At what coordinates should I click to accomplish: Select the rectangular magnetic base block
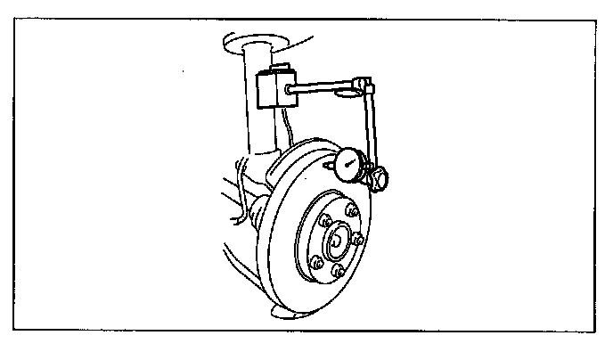point(271,89)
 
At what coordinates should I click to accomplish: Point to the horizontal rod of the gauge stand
point(324,86)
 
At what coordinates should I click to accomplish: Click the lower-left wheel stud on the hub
point(314,262)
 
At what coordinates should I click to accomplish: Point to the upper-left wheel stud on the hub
point(325,223)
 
